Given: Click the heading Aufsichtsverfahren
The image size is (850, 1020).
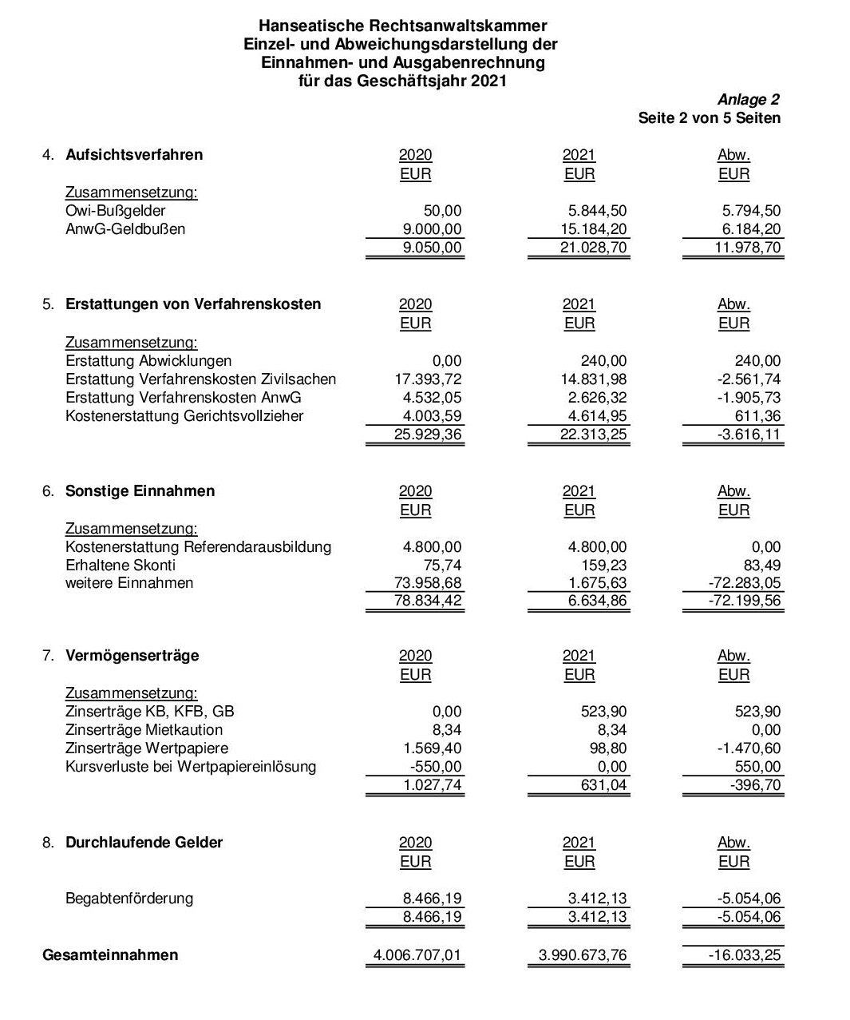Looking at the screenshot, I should [134, 155].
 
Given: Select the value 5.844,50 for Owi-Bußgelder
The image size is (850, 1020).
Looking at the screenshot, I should [597, 211].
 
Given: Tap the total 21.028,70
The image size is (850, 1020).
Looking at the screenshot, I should [593, 248].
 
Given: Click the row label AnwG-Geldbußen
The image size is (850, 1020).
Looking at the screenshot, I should [125, 229].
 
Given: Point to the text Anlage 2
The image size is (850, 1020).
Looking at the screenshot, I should [748, 100].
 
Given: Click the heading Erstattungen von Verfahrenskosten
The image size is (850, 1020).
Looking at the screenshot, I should [193, 304].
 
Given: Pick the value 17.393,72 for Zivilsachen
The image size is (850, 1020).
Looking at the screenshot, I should [428, 379].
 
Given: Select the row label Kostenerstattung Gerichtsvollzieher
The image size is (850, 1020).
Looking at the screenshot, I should [184, 416].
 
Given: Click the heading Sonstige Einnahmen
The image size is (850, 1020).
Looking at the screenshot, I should [140, 491].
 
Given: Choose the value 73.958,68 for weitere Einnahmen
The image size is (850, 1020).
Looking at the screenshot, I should [428, 583].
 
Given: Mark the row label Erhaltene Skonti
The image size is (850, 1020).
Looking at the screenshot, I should [121, 566].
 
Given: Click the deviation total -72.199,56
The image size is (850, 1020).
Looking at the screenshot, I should [745, 601].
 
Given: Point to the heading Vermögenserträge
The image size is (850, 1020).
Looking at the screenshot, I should [132, 656].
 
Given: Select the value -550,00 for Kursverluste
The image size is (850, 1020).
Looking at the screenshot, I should [434, 767].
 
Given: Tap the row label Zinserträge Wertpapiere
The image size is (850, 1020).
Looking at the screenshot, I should [147, 748].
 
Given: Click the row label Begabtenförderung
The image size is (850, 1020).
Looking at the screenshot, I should [129, 899].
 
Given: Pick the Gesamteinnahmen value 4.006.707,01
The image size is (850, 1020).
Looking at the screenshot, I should [417, 955].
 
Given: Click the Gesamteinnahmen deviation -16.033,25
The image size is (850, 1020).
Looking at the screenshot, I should [745, 955].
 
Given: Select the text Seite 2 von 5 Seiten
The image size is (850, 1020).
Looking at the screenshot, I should [709, 118].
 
